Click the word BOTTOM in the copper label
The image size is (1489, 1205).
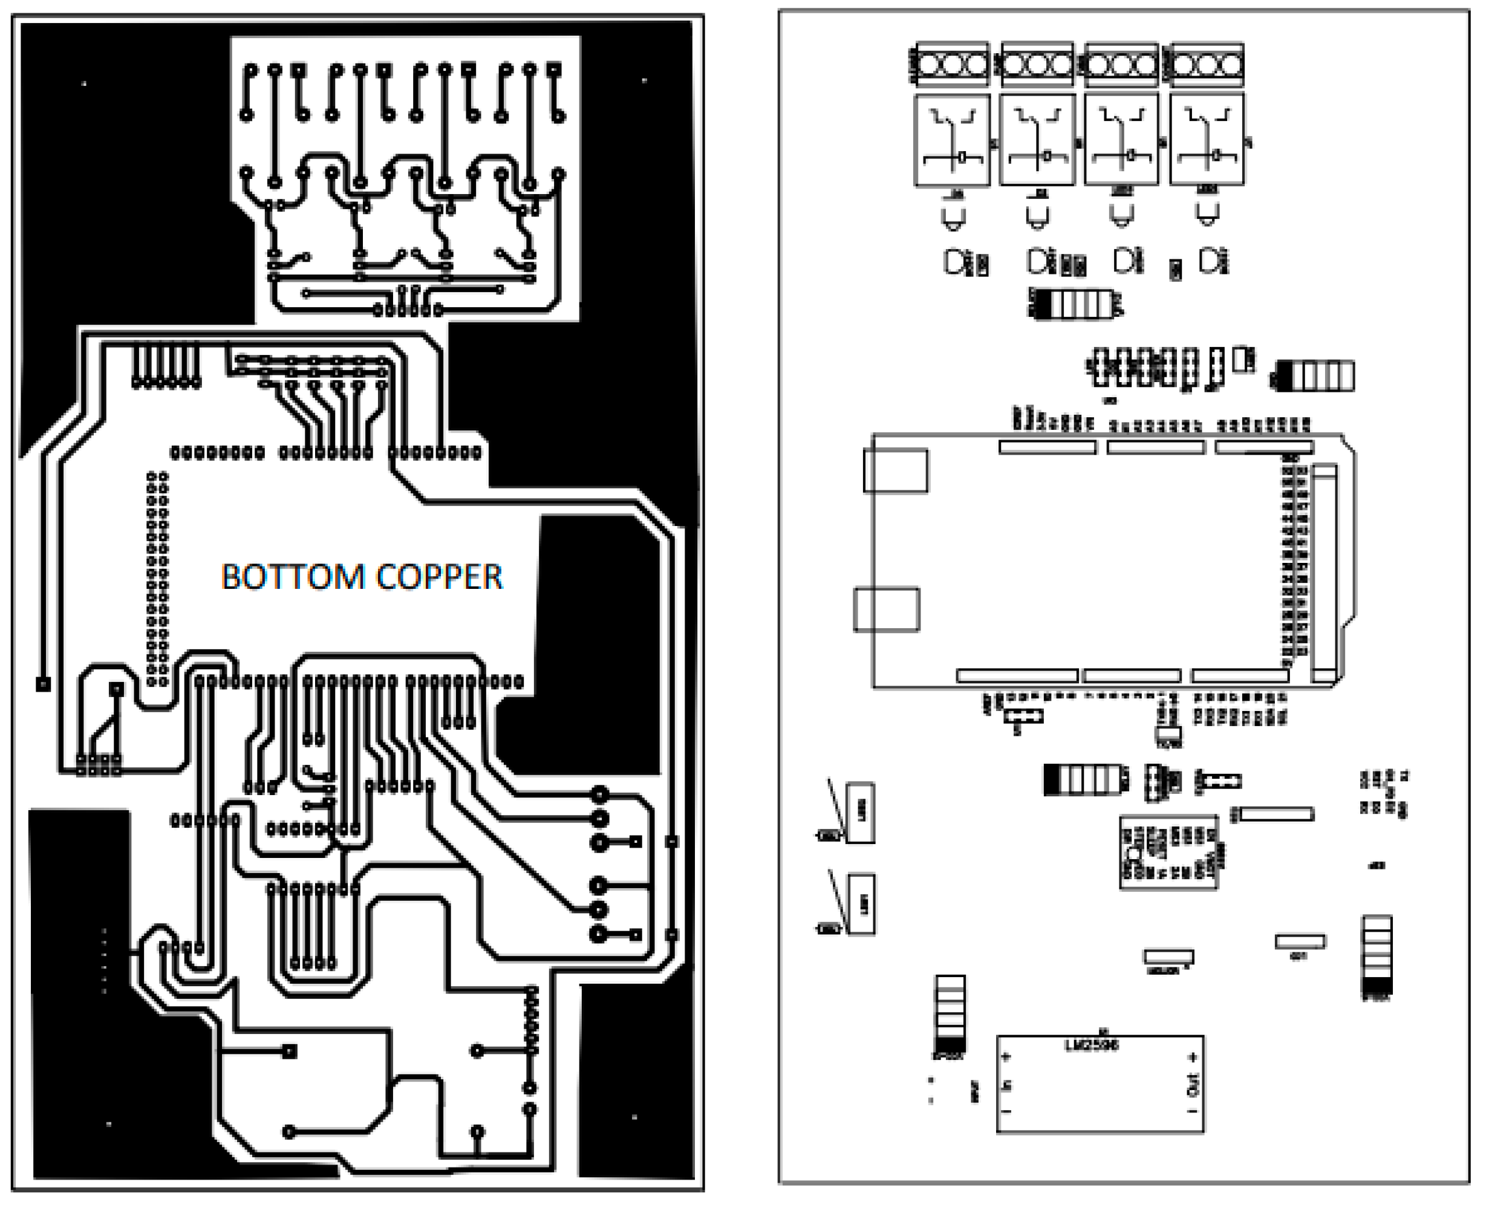[293, 577]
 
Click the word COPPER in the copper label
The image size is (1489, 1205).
[440, 577]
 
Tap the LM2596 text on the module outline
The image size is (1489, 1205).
[1092, 1045]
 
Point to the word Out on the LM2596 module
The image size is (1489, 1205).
[1193, 1085]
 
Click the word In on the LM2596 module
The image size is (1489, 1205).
[1007, 1084]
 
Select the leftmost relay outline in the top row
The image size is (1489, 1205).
[952, 141]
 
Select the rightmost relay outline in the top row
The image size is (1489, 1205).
[1207, 141]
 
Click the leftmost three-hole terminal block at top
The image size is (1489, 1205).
[953, 65]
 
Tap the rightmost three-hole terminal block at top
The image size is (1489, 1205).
[1207, 65]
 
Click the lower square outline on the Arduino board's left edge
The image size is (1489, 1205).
[887, 609]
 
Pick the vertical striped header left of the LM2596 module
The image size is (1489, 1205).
[950, 1013]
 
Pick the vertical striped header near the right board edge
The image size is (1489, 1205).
[1377, 957]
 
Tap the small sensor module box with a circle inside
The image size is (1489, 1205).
[1168, 853]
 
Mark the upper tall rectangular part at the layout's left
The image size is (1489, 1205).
[861, 813]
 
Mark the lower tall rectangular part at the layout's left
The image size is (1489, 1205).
[861, 905]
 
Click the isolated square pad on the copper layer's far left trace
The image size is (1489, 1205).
[43, 684]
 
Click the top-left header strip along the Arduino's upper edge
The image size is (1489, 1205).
[1048, 447]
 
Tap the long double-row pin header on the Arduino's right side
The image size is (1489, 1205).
[1295, 562]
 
